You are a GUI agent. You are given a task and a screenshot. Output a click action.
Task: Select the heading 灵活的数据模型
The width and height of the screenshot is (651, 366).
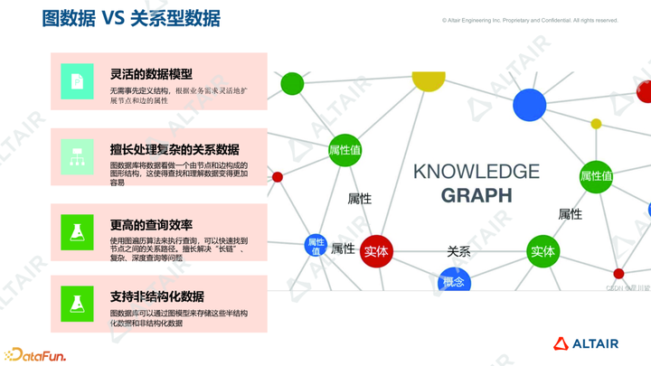pos(151,74)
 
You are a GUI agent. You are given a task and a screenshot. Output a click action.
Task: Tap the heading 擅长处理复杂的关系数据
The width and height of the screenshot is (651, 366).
pos(175,149)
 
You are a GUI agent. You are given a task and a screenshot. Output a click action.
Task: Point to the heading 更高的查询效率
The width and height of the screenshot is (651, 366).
pos(151,224)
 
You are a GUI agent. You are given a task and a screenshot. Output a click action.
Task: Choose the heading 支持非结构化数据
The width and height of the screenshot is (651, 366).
pos(156,296)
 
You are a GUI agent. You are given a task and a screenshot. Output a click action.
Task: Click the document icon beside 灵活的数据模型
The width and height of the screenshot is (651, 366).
pos(77,81)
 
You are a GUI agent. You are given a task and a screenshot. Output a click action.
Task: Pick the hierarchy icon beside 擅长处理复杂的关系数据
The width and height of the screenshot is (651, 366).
pos(77,156)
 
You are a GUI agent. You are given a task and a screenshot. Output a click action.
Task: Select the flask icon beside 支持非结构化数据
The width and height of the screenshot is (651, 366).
pos(77,304)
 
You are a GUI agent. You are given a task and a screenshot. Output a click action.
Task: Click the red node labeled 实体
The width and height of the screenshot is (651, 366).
pos(376,252)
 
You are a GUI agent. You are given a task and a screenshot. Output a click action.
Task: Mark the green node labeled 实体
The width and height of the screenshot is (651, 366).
pos(542,251)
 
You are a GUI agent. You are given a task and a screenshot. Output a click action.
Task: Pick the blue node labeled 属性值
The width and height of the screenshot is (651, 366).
pos(316,246)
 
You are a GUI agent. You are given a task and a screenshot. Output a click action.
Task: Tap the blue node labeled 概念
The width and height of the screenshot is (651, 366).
pos(454,283)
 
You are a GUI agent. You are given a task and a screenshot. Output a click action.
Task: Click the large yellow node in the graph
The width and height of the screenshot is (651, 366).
pos(429,80)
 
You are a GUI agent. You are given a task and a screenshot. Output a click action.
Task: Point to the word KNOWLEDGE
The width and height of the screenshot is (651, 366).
pos(476,171)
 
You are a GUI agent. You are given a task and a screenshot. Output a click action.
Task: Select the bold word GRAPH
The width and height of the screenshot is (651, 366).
pos(476,194)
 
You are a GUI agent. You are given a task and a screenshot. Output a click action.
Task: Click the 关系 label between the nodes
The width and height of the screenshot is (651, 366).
pos(458,251)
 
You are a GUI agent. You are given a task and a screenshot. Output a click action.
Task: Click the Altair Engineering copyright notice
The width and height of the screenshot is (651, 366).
pos(530,20)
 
